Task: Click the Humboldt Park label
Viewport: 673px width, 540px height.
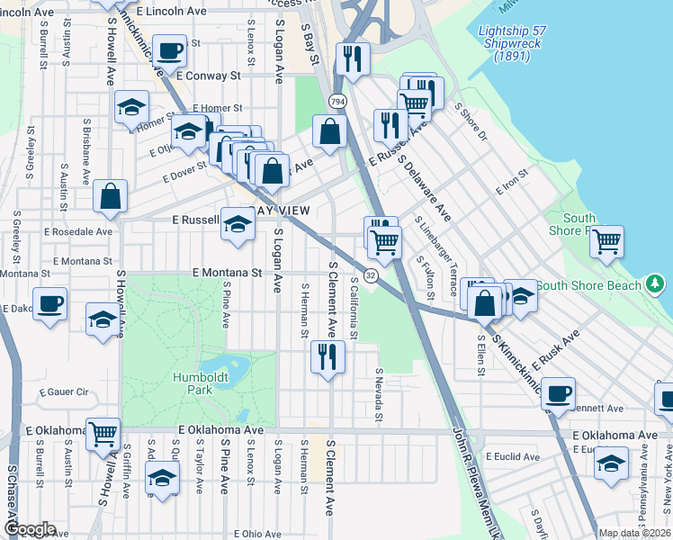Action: coord(194,382)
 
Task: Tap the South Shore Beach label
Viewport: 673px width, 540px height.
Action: coord(589,286)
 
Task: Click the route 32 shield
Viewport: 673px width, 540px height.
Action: coord(371,274)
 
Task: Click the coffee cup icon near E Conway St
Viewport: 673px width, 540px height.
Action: coord(168,50)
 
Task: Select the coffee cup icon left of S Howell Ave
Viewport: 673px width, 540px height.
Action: coord(49,302)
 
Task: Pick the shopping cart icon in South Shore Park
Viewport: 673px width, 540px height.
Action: coord(607,240)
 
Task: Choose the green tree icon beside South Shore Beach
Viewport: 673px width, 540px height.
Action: coord(656,286)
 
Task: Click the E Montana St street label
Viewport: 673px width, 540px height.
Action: coord(226,273)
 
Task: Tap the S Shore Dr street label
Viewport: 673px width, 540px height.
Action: coord(470,122)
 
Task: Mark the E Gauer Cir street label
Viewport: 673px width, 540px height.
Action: coord(64,393)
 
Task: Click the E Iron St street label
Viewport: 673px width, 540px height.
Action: coord(511,184)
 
